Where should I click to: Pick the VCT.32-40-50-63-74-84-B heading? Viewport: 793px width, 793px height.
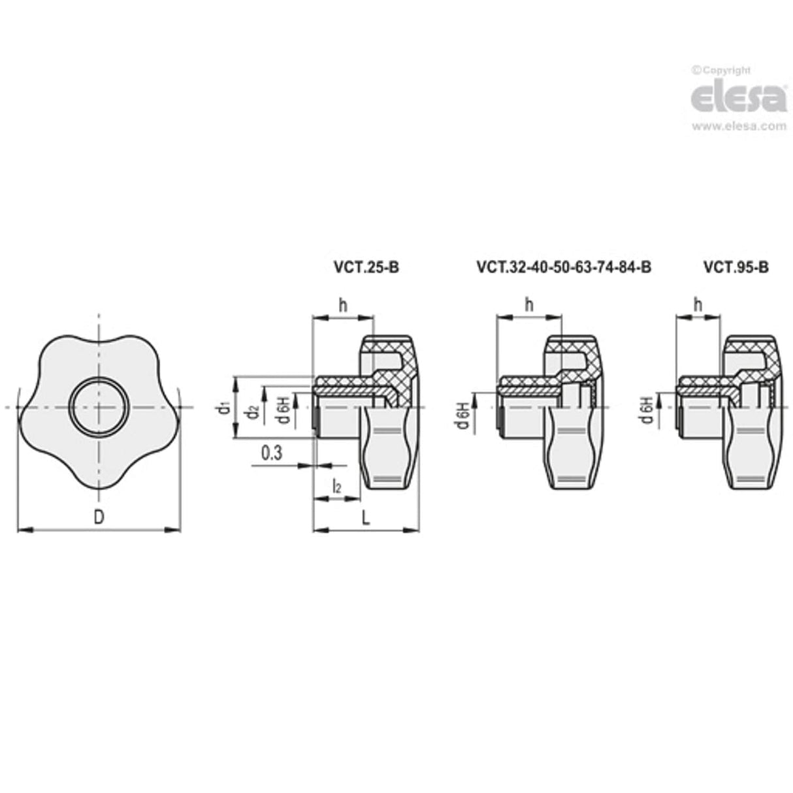[564, 267]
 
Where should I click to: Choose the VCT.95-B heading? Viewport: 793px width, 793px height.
[736, 267]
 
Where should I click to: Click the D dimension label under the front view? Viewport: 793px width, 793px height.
[98, 517]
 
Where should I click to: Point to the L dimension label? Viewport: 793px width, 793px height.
[366, 518]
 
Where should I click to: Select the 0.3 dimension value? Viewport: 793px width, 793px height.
[271, 453]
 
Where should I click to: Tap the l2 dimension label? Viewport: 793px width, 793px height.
[336, 486]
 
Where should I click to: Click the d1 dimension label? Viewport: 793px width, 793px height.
[224, 408]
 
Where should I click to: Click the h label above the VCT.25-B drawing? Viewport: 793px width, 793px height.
[342, 304]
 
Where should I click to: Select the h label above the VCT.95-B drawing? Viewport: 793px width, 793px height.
[698, 304]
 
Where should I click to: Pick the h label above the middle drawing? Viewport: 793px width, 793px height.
[528, 304]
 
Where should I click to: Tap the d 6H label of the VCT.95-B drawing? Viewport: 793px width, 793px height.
[647, 410]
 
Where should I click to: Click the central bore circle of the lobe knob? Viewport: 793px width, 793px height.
[98, 407]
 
